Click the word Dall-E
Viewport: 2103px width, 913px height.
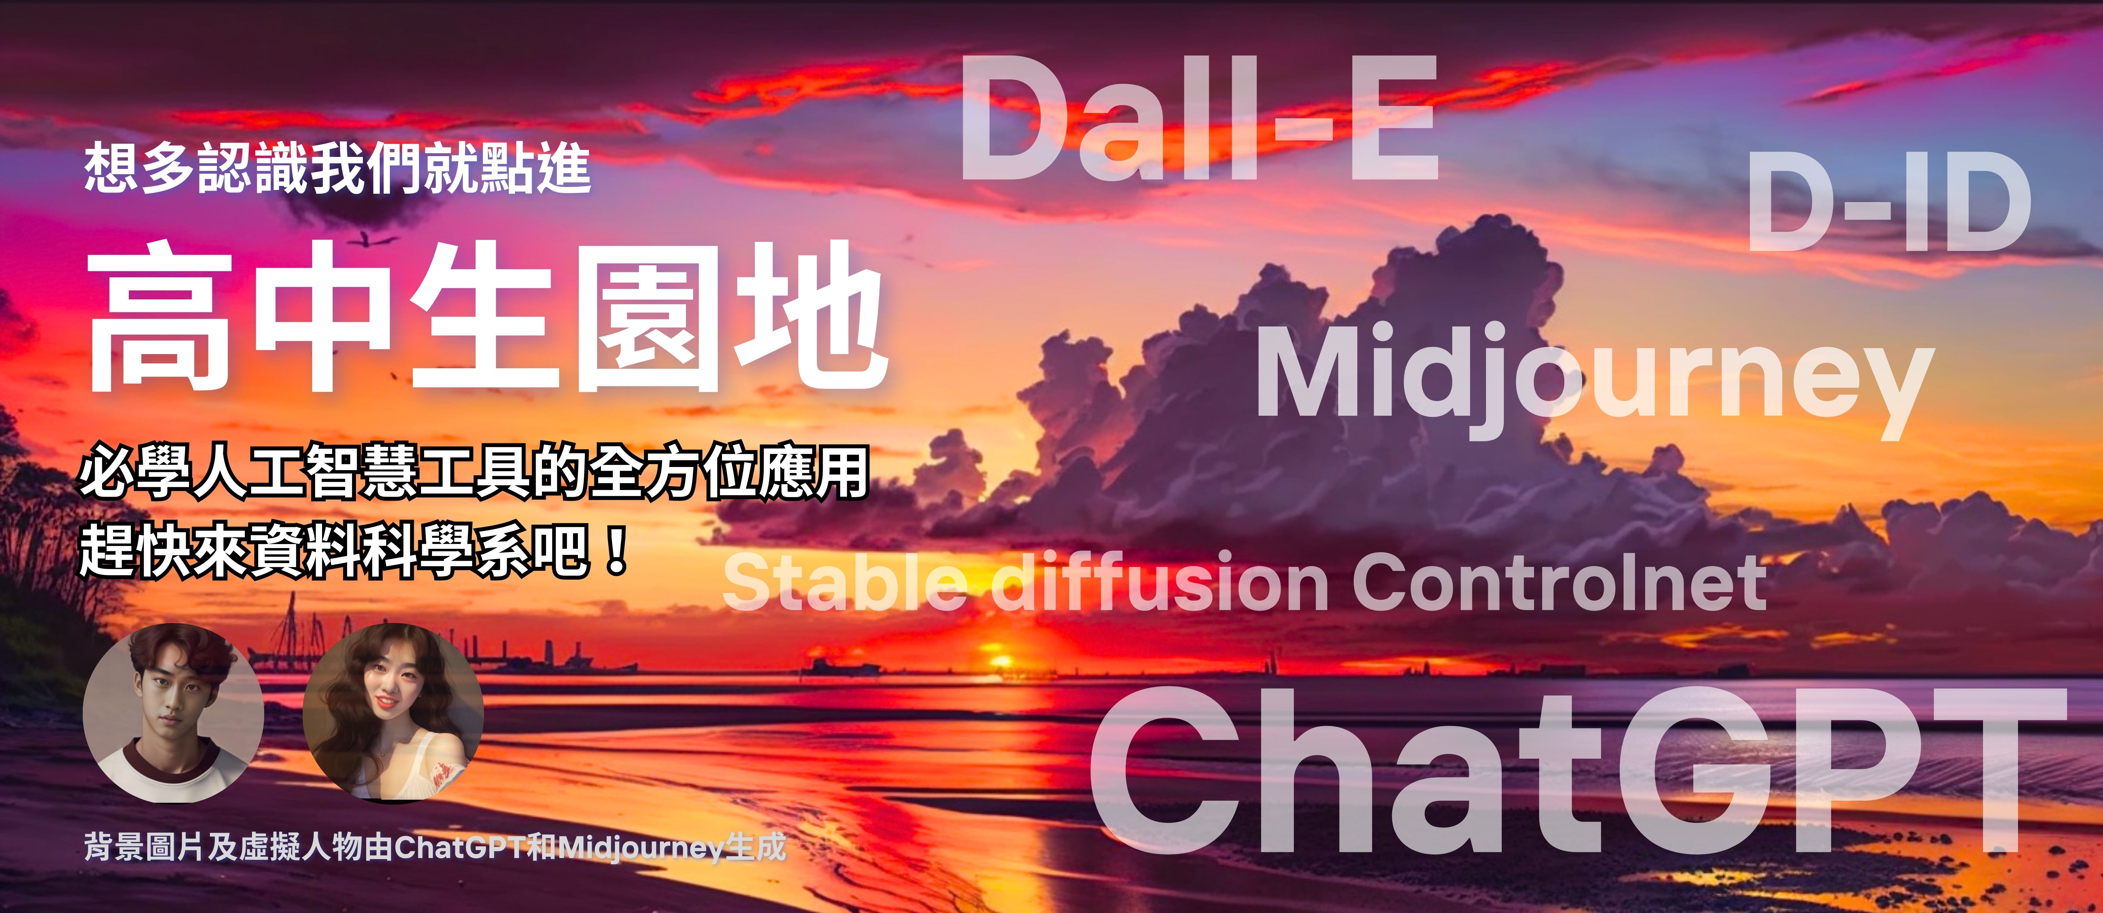pyautogui.click(x=1199, y=118)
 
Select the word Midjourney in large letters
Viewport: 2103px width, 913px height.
pyautogui.click(x=1594, y=378)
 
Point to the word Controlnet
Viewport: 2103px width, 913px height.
pyautogui.click(x=1559, y=582)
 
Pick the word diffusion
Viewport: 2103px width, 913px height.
pyautogui.click(x=1159, y=582)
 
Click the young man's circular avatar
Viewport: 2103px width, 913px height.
pyautogui.click(x=173, y=713)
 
